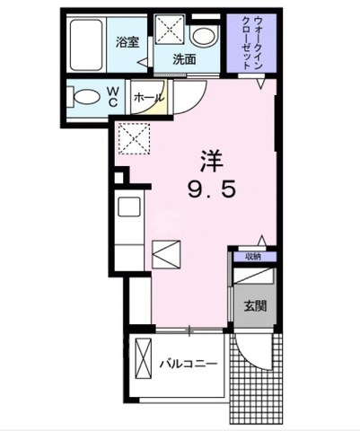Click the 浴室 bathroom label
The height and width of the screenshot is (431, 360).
point(126,41)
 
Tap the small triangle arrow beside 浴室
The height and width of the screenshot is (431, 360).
point(142,61)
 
